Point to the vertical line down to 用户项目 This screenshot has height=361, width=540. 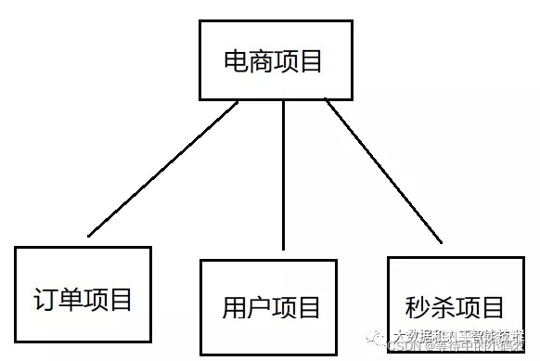(x=283, y=176)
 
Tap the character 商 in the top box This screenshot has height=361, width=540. (x=261, y=62)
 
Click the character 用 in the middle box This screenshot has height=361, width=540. (x=234, y=307)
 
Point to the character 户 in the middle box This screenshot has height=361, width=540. (x=259, y=307)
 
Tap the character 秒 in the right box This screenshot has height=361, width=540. (x=418, y=306)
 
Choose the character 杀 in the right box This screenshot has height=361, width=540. (x=443, y=306)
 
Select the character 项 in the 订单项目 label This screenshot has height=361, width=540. (x=96, y=300)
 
